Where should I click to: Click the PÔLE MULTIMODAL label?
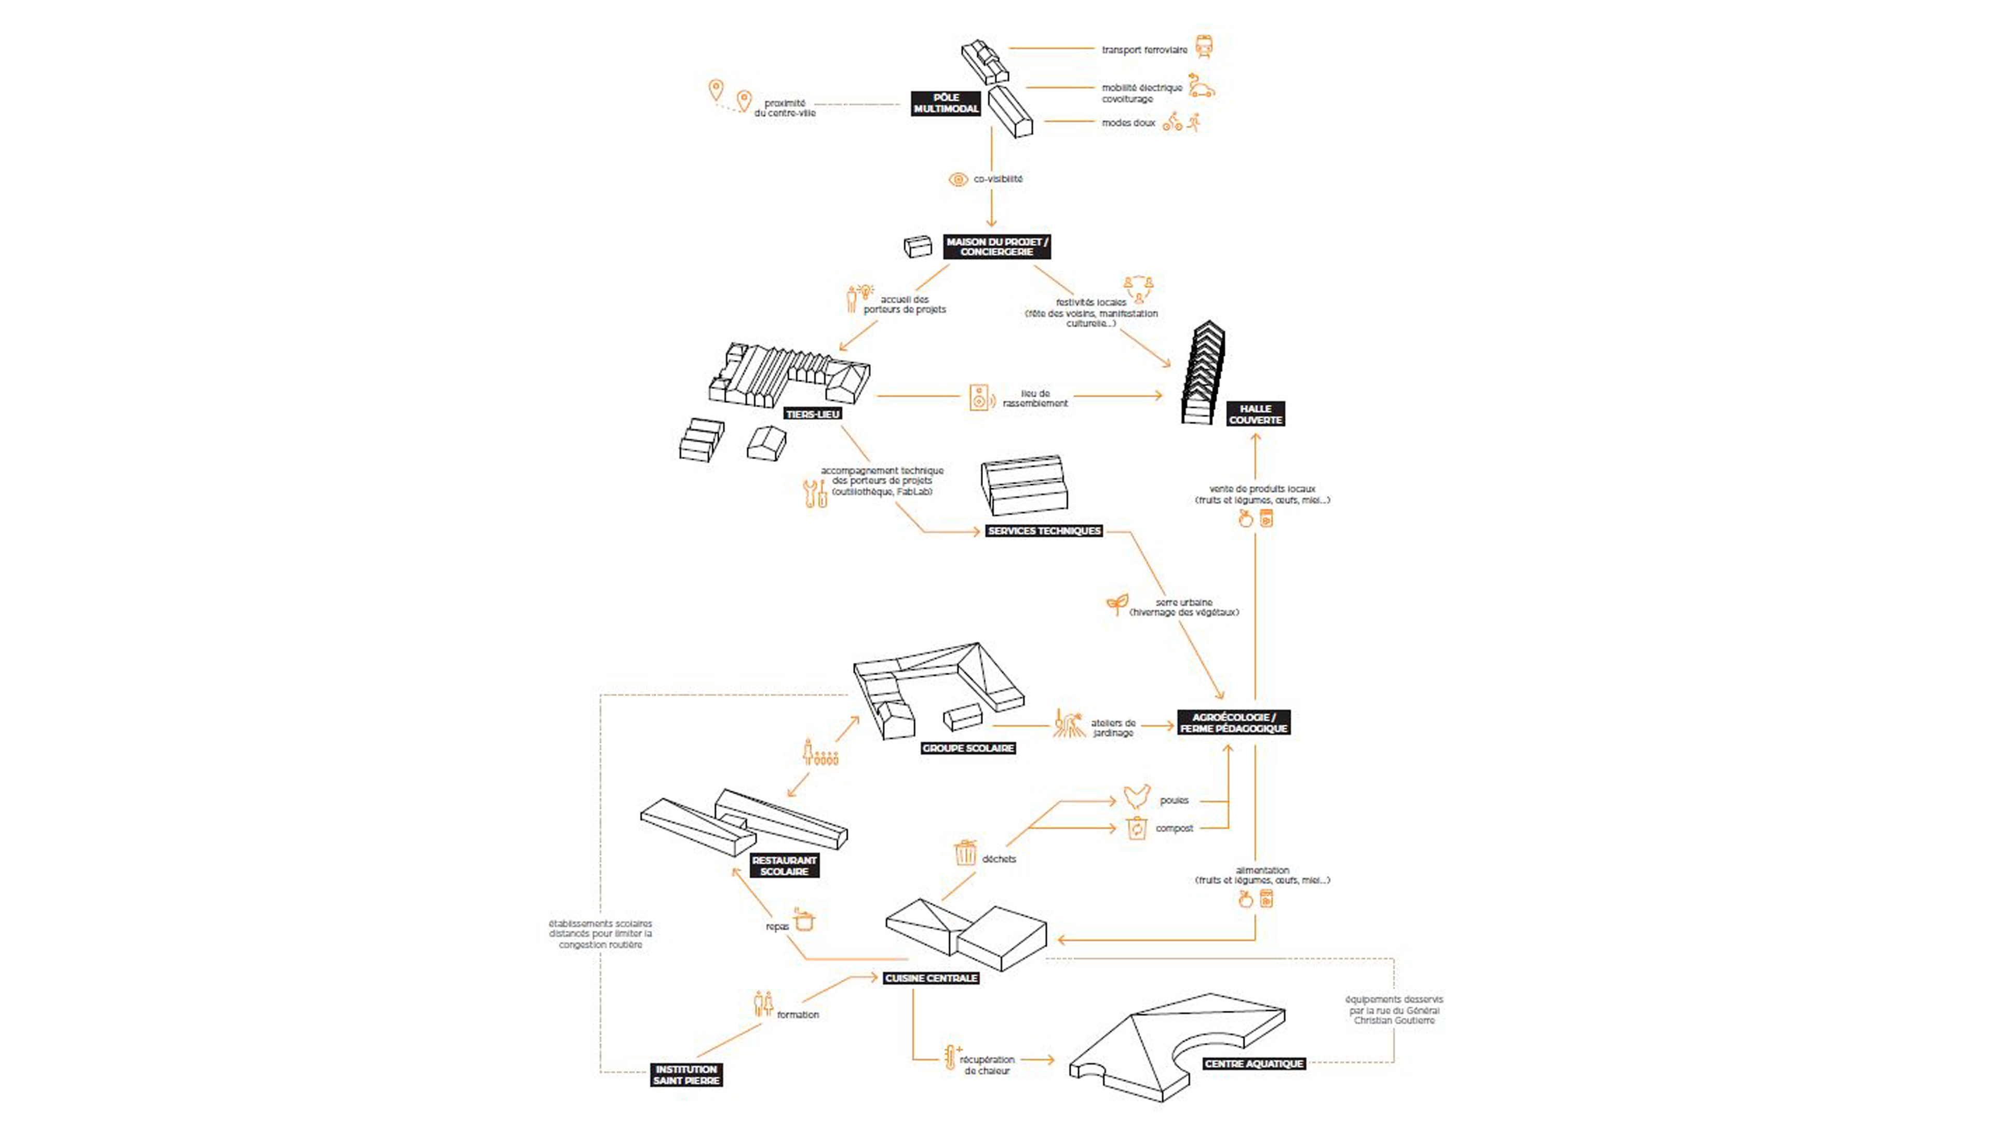(946, 103)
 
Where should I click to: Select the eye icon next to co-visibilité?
(958, 180)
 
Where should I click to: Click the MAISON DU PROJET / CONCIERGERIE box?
(997, 246)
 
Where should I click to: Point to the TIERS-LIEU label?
(812, 415)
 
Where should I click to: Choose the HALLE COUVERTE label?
(1256, 415)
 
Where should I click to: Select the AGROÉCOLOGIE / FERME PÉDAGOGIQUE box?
(1234, 723)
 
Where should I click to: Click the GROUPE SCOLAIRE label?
(967, 748)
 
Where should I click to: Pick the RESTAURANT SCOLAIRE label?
(784, 866)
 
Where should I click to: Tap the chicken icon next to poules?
(1136, 797)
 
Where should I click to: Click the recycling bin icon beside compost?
(1136, 829)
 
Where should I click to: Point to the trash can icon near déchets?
(965, 852)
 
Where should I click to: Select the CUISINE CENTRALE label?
(931, 978)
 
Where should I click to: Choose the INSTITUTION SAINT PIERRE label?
(686, 1075)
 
